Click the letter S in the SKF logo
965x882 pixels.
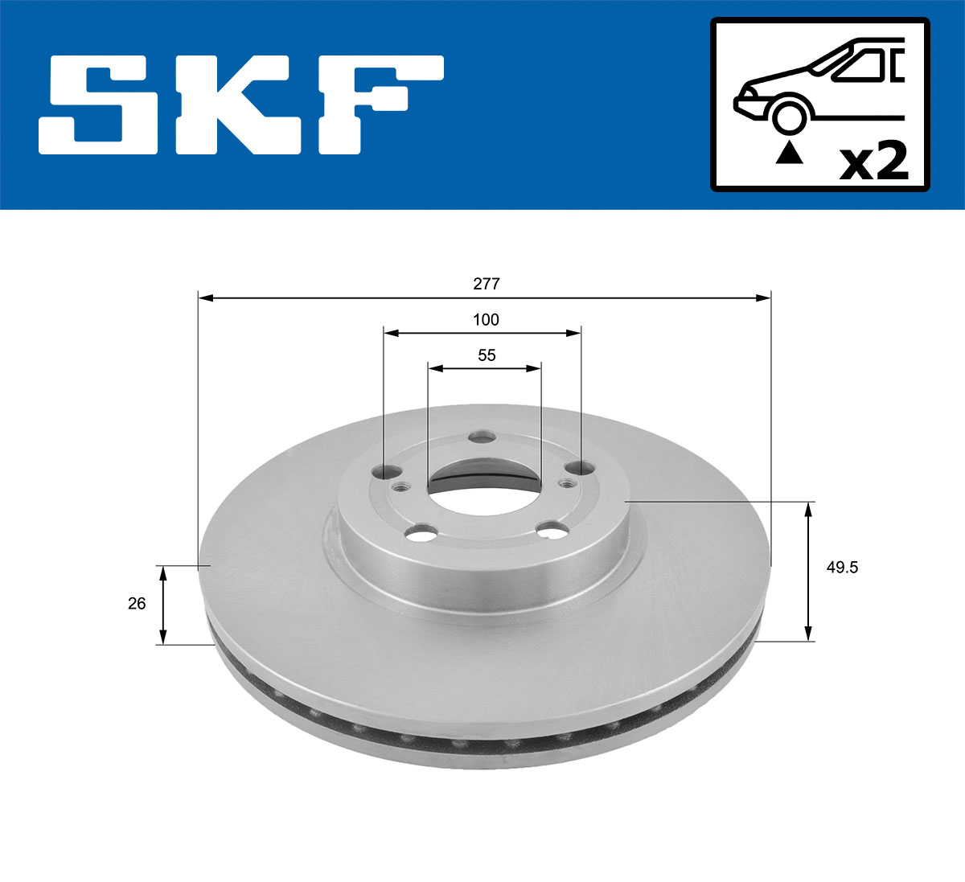pos(105,105)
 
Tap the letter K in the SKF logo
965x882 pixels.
pos(242,105)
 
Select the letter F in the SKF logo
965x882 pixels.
pos(378,105)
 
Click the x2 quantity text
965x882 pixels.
pos(873,162)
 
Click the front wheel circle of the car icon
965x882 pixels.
pos(789,116)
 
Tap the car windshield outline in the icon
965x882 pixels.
pos(857,65)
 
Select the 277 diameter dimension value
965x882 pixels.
pos(487,284)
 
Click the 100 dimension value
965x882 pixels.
pos(486,320)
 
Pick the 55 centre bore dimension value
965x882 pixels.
pos(487,355)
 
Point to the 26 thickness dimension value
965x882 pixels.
pos(137,603)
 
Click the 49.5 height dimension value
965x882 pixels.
pos(843,568)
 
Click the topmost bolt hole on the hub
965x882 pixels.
pos(482,437)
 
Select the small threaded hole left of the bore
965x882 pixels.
pos(400,486)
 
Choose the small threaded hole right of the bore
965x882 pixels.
pos(567,483)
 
